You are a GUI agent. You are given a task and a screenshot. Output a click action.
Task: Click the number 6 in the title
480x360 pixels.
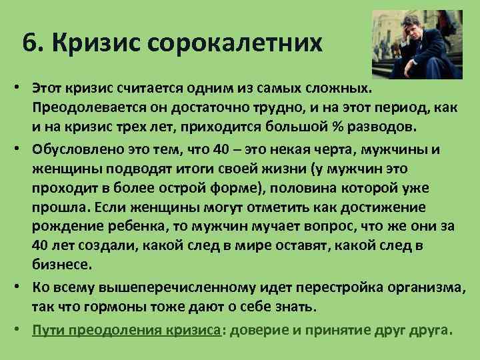(x=29, y=45)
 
